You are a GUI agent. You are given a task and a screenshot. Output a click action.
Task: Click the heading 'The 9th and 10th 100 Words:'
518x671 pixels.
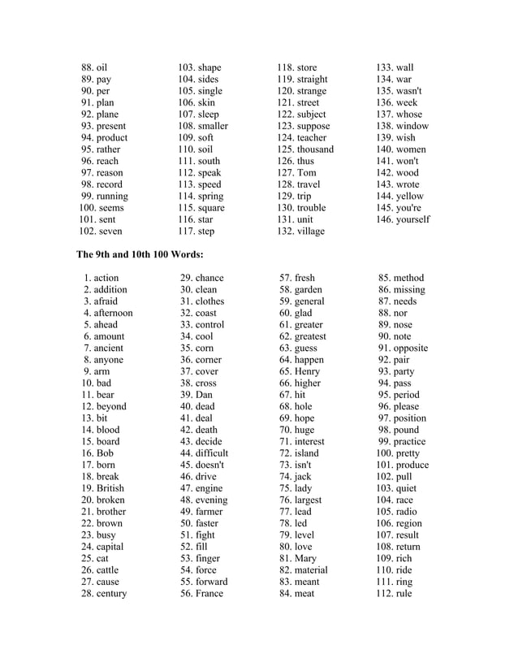point(140,254)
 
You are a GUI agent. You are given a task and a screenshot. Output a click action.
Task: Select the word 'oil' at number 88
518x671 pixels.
point(101,67)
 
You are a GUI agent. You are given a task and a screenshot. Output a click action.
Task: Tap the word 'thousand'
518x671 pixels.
point(317,149)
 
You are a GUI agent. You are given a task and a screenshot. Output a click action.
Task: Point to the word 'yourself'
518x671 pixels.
point(413,219)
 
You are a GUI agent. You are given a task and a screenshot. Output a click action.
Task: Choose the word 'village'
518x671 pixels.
point(312,232)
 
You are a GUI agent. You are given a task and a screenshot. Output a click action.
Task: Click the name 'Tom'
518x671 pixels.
point(307,173)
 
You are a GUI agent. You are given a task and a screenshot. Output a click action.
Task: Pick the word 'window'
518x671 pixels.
point(412,126)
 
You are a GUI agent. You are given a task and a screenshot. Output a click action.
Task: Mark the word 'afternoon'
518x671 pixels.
point(113,313)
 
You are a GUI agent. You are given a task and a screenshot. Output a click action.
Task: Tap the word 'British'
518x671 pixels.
point(110,488)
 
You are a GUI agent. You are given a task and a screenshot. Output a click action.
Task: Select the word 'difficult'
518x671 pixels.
point(210,453)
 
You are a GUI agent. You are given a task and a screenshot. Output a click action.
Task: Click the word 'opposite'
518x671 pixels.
point(410,348)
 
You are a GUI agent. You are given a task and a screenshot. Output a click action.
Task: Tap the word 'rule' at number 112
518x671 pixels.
point(404,594)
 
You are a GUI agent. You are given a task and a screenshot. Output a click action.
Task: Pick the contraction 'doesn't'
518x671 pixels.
point(209,465)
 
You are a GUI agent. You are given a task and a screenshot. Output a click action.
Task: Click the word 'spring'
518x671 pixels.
point(210,197)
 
